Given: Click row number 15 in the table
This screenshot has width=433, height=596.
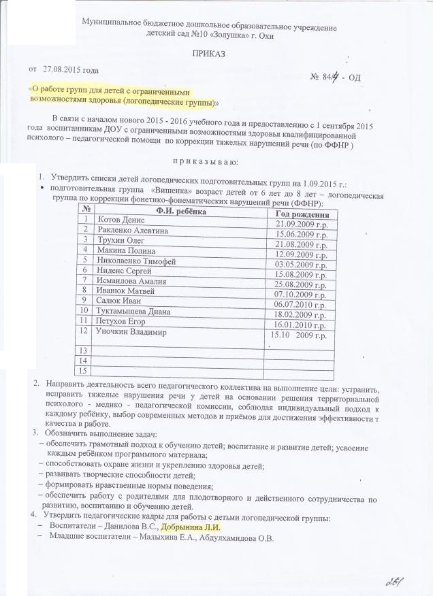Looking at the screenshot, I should click(84, 371).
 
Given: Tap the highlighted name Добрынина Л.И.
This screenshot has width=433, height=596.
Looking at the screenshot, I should click(191, 527).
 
